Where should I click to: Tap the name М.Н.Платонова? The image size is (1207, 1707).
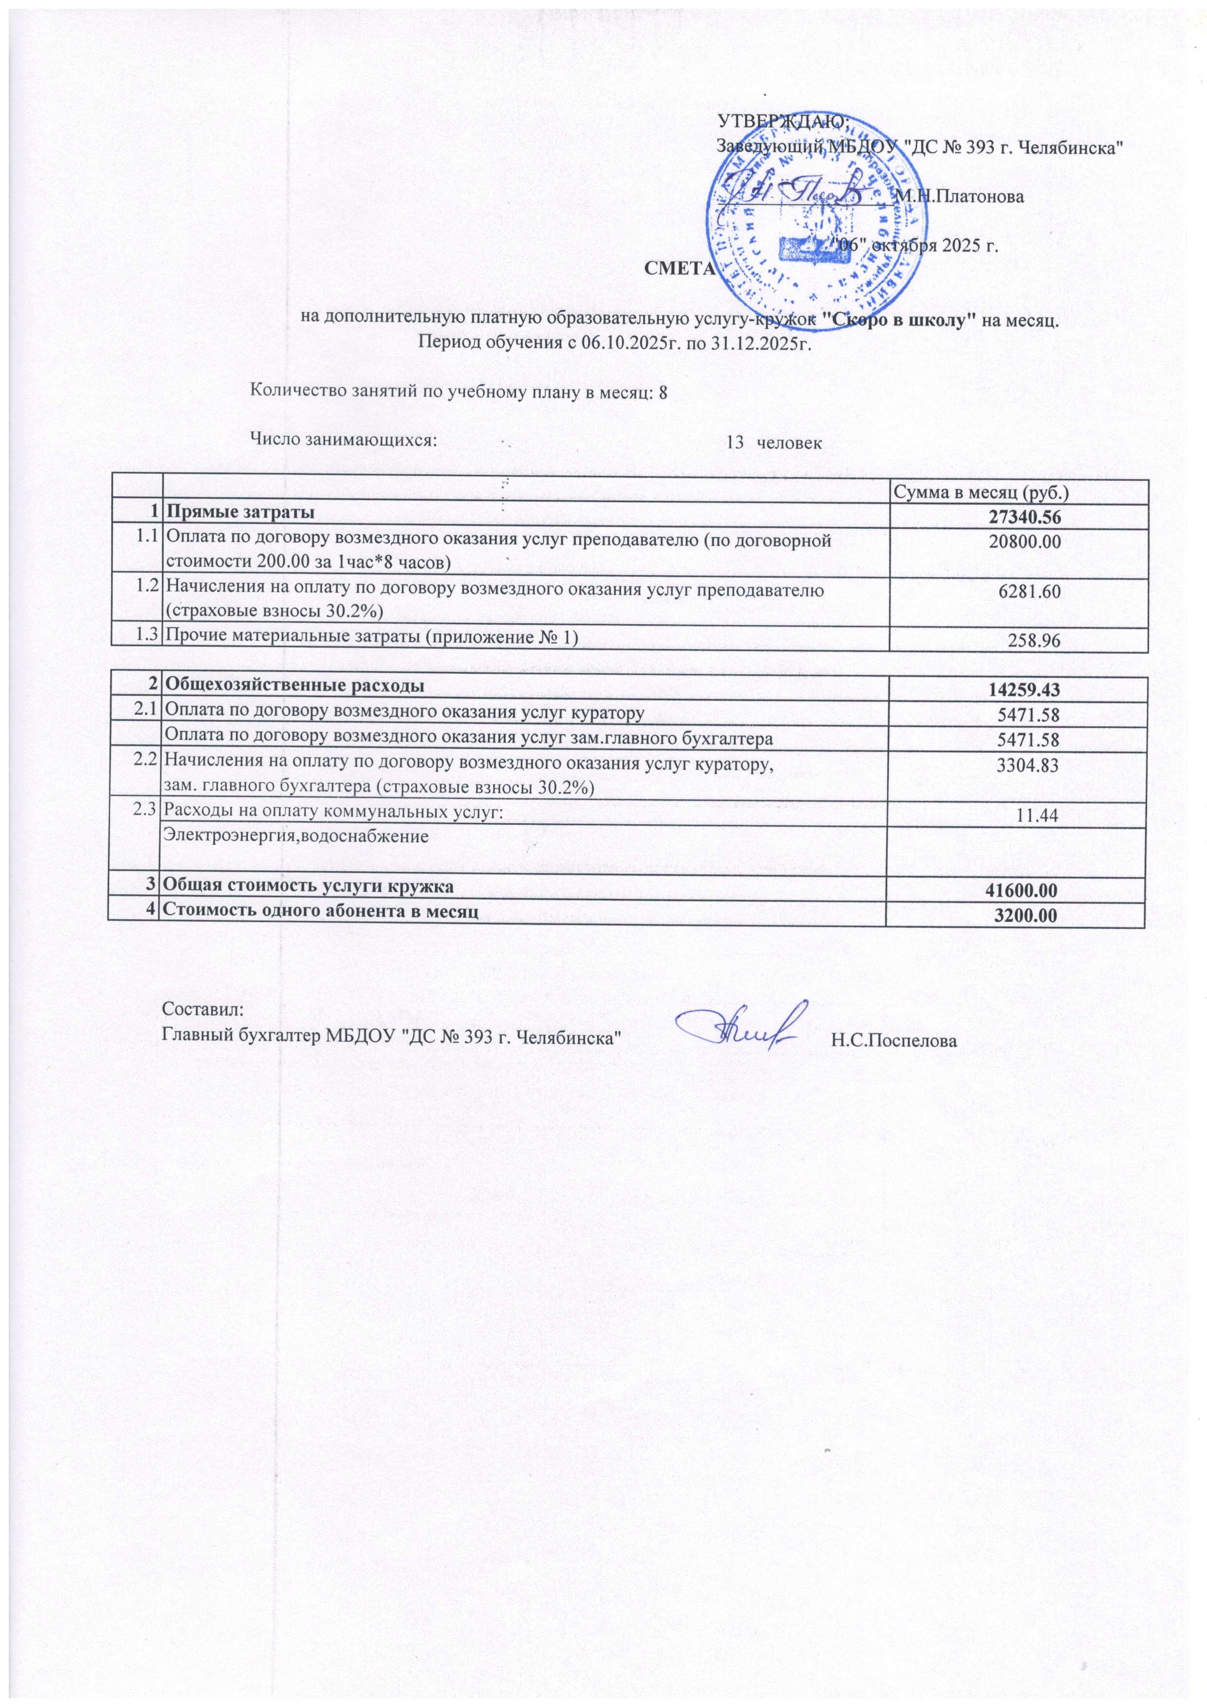tap(959, 197)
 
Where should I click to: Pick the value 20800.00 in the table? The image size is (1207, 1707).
tap(1024, 542)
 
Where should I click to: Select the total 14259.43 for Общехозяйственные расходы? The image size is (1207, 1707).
tap(1024, 690)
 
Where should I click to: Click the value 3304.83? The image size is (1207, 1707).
tap(1029, 765)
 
